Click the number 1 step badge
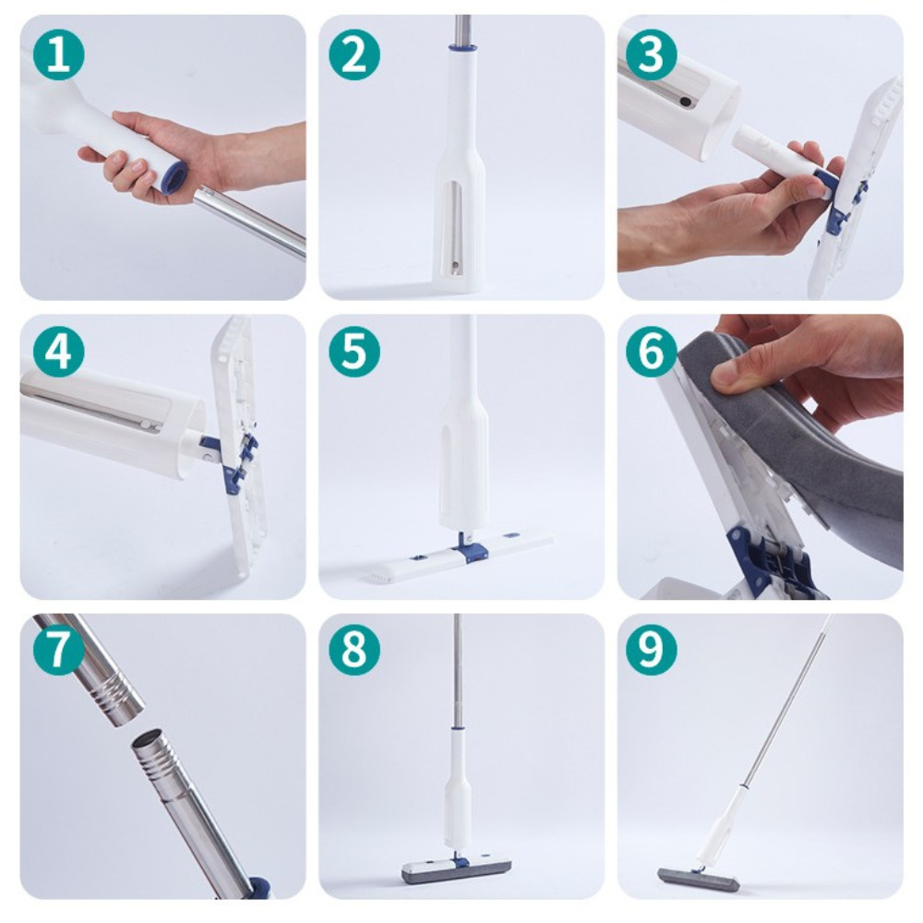[58, 54]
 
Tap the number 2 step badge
[354, 54]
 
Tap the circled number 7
[58, 650]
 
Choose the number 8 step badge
[354, 650]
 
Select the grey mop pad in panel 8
[456, 873]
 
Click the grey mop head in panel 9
[689, 876]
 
